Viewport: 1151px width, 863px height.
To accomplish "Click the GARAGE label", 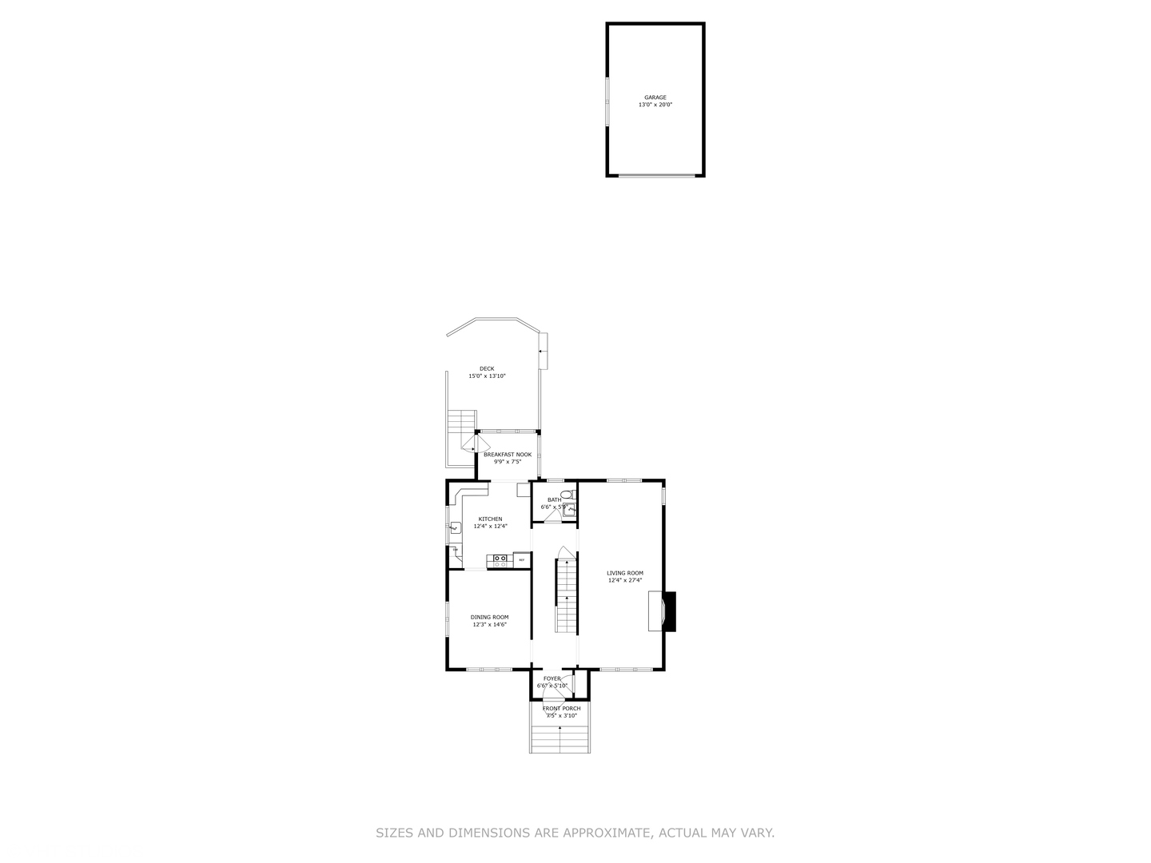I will pos(655,97).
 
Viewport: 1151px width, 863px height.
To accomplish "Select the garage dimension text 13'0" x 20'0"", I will pos(655,105).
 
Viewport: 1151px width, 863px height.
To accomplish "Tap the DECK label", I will pos(487,368).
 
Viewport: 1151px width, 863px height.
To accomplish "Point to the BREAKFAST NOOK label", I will pos(507,455).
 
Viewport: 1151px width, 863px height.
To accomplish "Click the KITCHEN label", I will pos(490,519).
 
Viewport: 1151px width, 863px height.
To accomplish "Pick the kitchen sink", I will pos(455,527).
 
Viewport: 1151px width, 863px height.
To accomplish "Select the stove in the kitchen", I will pos(501,560).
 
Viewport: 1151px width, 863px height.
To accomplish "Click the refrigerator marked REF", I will pos(522,560).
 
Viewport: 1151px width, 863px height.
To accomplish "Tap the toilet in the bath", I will pos(567,495).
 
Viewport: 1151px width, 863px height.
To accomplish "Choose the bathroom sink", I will pos(570,509).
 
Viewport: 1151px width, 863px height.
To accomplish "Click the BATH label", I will pos(554,499).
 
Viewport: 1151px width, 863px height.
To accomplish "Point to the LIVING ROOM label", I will pos(625,573).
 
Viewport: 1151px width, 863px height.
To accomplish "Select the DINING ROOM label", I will pos(489,617).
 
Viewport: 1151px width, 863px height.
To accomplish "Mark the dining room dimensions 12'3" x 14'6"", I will pos(489,624).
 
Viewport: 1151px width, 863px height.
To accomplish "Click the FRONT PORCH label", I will pos(561,709).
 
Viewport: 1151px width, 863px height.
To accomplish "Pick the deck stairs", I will pos(462,421).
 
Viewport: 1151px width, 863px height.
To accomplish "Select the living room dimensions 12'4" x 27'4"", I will pos(625,581).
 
